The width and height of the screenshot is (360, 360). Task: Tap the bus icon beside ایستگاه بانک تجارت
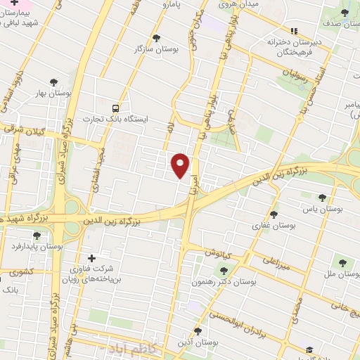pos(115,108)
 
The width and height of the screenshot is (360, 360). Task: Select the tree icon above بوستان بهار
pos(53,82)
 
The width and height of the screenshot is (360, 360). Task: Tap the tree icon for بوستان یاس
pos(322,198)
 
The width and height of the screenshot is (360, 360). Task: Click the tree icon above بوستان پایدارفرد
pos(37,235)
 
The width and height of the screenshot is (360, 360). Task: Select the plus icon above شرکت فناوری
pos(89,258)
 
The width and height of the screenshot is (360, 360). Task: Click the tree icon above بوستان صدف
pos(343,13)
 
